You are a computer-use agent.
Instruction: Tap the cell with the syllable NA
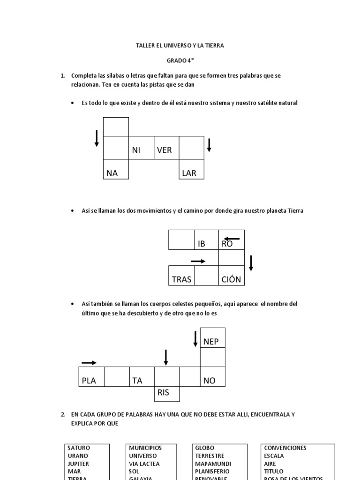point(116,171)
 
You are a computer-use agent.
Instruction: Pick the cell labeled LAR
point(192,171)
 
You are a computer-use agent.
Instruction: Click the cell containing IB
point(207,240)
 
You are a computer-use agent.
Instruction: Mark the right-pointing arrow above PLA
point(89,362)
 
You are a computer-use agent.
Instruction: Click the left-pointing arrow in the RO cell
point(232,239)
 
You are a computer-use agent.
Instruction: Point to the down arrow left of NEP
point(195,338)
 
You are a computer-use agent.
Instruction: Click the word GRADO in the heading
point(175,60)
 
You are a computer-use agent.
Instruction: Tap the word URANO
point(78,456)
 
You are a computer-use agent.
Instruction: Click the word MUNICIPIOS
point(145,448)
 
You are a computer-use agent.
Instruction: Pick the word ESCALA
point(274,456)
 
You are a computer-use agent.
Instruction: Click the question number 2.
point(63,414)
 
